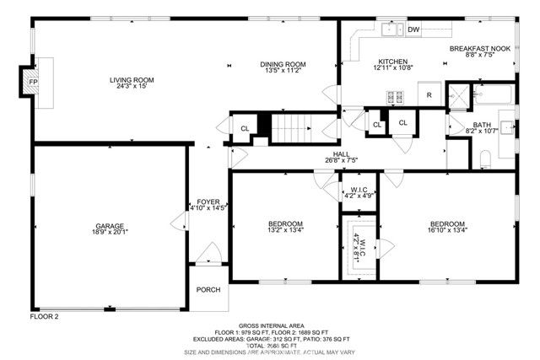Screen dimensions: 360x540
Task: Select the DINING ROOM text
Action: pyautogui.click(x=282, y=64)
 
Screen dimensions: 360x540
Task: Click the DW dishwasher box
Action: pyautogui.click(x=413, y=30)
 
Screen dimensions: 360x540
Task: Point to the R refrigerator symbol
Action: pyautogui.click(x=429, y=95)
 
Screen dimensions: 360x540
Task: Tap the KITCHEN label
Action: pyautogui.click(x=392, y=62)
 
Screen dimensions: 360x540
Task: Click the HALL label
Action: pyautogui.click(x=341, y=154)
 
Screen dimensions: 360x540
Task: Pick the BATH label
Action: pyautogui.click(x=458, y=124)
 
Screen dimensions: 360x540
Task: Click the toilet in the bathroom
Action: pyautogui.click(x=485, y=159)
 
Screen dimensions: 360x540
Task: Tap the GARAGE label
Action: pyautogui.click(x=110, y=226)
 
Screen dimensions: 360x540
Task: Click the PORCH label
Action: pyautogui.click(x=208, y=289)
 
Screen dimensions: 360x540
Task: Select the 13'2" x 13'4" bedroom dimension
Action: pyautogui.click(x=284, y=229)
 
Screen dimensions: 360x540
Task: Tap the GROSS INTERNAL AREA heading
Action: pyautogui.click(x=271, y=325)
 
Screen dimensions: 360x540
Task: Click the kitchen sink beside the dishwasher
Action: pyautogui.click(x=390, y=30)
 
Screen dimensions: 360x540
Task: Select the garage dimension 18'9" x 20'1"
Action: pyautogui.click(x=110, y=234)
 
